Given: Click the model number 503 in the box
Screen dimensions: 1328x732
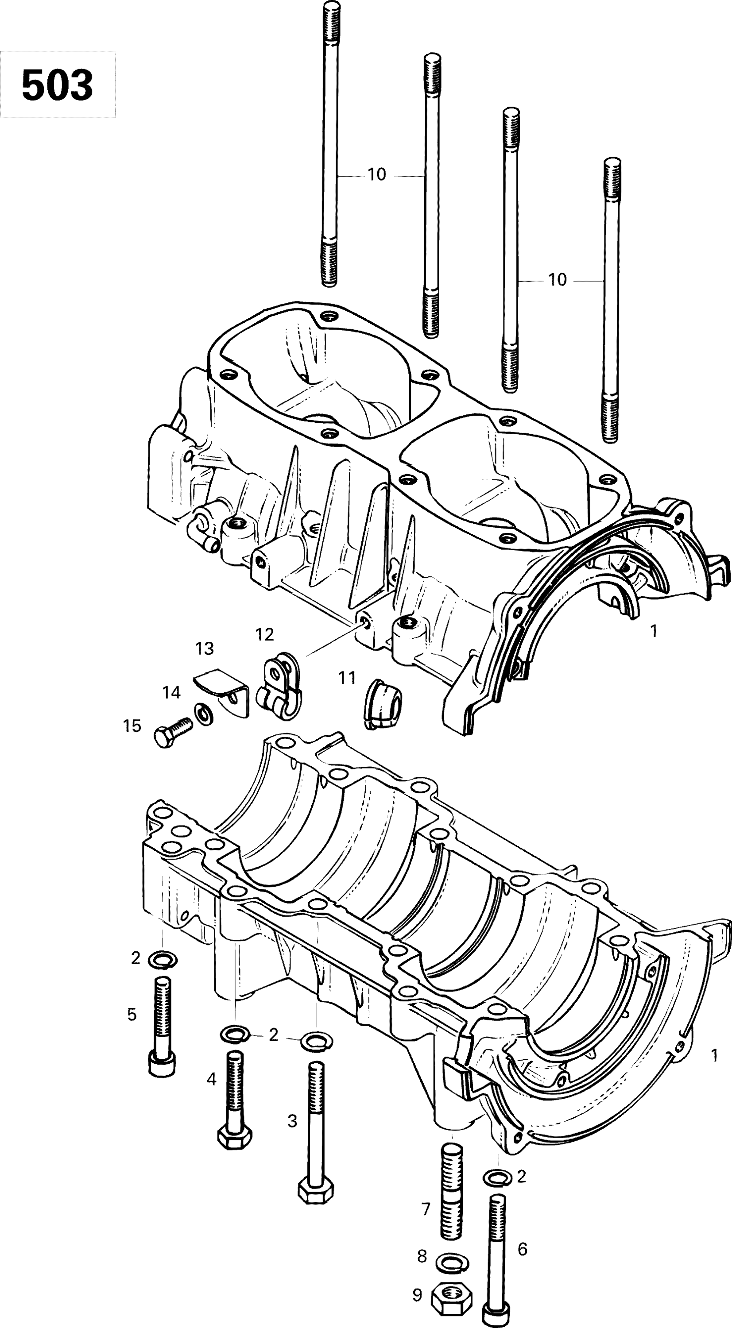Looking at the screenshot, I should [x=57, y=85].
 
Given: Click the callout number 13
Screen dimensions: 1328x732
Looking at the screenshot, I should [x=205, y=649].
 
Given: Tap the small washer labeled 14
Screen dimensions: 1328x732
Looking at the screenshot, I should [x=204, y=714].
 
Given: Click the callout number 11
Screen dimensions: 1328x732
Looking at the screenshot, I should [x=347, y=678].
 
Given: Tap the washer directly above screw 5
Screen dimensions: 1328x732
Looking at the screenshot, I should [x=163, y=959].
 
